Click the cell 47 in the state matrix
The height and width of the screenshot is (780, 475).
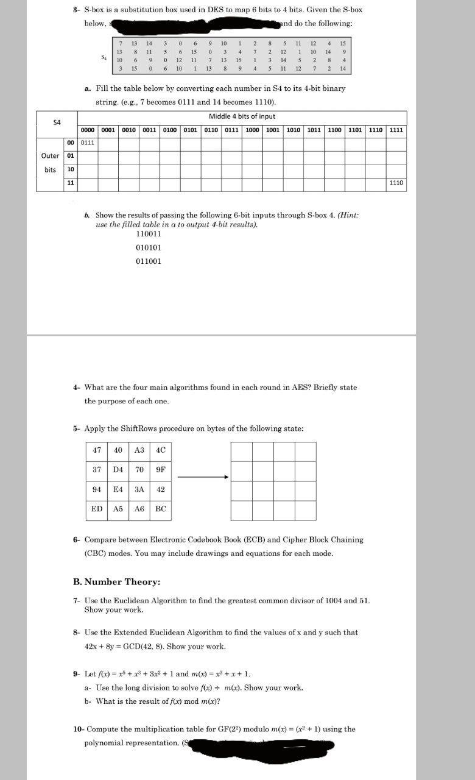point(96,450)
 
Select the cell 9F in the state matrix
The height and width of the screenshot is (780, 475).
point(160,470)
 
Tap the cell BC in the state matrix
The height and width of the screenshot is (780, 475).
point(160,509)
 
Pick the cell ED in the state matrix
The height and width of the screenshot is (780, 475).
point(96,509)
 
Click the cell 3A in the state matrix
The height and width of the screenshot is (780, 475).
point(139,489)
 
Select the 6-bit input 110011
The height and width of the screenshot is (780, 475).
point(149,234)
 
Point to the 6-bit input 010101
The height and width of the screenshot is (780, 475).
point(149,247)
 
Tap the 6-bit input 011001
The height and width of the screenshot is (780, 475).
point(149,261)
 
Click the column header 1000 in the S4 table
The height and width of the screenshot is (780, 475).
point(252,130)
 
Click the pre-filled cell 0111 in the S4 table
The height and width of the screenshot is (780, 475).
point(88,143)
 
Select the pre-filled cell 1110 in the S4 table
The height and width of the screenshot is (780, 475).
point(396,182)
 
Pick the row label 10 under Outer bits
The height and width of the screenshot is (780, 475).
point(71,169)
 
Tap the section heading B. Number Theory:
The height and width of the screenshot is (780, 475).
point(116,581)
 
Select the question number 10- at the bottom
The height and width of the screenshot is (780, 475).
point(79,729)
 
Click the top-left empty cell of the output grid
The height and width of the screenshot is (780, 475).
point(242,451)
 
